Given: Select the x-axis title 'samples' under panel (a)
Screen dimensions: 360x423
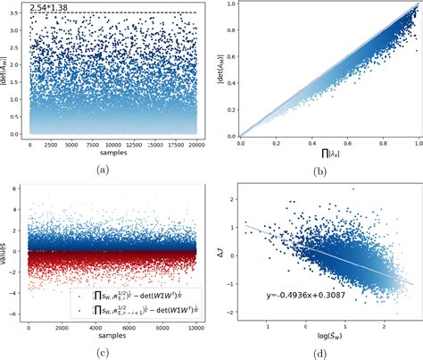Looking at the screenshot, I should click(104, 155).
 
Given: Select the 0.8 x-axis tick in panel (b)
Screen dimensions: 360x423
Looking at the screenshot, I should click(378, 143).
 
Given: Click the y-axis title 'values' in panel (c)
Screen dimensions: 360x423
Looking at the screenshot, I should click(7, 254).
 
